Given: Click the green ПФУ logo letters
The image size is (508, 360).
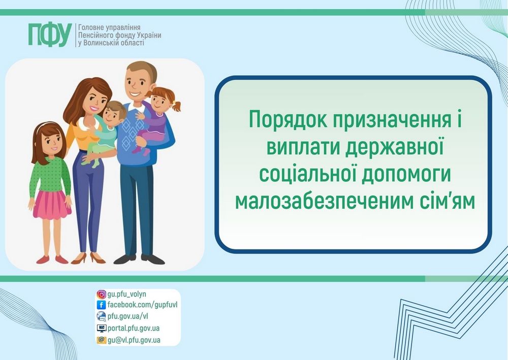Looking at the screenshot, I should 49,34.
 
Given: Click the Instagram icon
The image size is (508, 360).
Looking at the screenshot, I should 101,294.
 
